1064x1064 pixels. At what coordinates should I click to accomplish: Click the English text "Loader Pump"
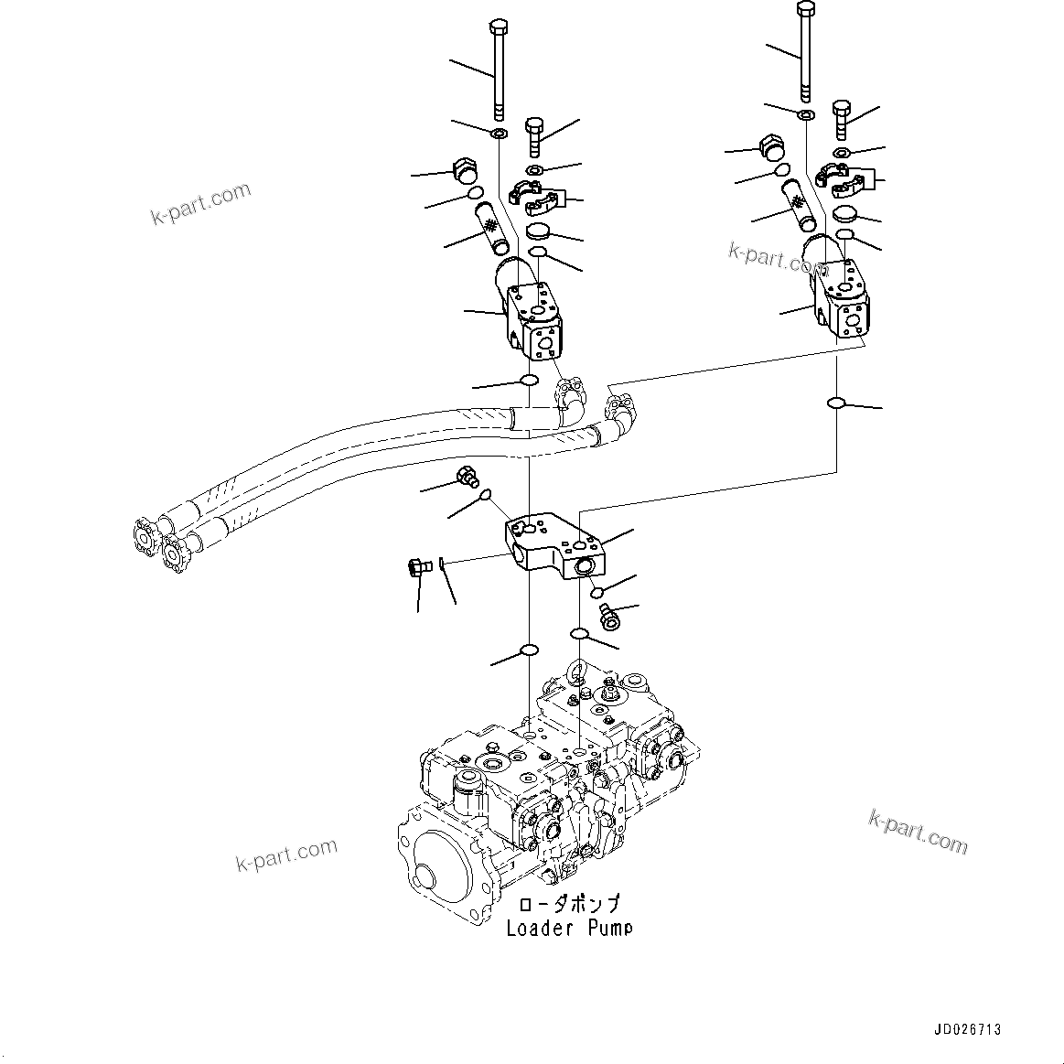click(x=568, y=928)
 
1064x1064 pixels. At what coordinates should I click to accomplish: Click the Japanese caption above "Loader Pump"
click(x=568, y=905)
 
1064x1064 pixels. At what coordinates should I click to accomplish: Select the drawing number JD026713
click(x=968, y=1029)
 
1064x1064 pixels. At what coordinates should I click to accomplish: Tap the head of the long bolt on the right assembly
click(x=805, y=7)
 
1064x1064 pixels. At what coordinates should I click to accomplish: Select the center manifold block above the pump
click(x=553, y=547)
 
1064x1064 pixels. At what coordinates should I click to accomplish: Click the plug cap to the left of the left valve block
click(x=466, y=169)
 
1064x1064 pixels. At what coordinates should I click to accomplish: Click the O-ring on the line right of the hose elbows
click(x=836, y=403)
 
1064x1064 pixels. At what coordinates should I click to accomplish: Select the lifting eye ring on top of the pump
click(x=576, y=673)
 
